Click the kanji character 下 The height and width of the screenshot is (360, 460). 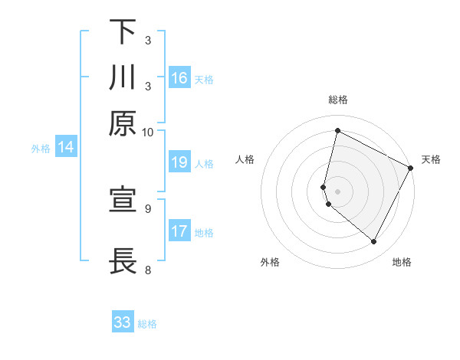(123, 32)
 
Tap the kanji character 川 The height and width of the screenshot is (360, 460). (123, 78)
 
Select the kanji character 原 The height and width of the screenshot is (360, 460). (123, 123)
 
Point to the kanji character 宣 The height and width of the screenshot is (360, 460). (123, 201)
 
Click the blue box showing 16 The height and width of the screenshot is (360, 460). (179, 77)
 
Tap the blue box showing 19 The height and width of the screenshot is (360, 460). (179, 162)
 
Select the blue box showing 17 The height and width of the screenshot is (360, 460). (179, 231)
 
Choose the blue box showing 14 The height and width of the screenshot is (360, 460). (66, 148)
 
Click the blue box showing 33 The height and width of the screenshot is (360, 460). (123, 322)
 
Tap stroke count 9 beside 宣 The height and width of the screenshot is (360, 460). (148, 208)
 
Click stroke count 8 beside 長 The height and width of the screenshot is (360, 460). (148, 270)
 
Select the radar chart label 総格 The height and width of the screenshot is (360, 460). (338, 100)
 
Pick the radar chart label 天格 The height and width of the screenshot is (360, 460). (431, 159)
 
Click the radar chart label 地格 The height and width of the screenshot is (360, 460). (402, 262)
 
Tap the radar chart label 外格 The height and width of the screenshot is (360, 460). (270, 262)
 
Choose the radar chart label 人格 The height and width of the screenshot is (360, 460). (245, 159)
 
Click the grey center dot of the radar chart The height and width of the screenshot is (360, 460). (338, 191)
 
